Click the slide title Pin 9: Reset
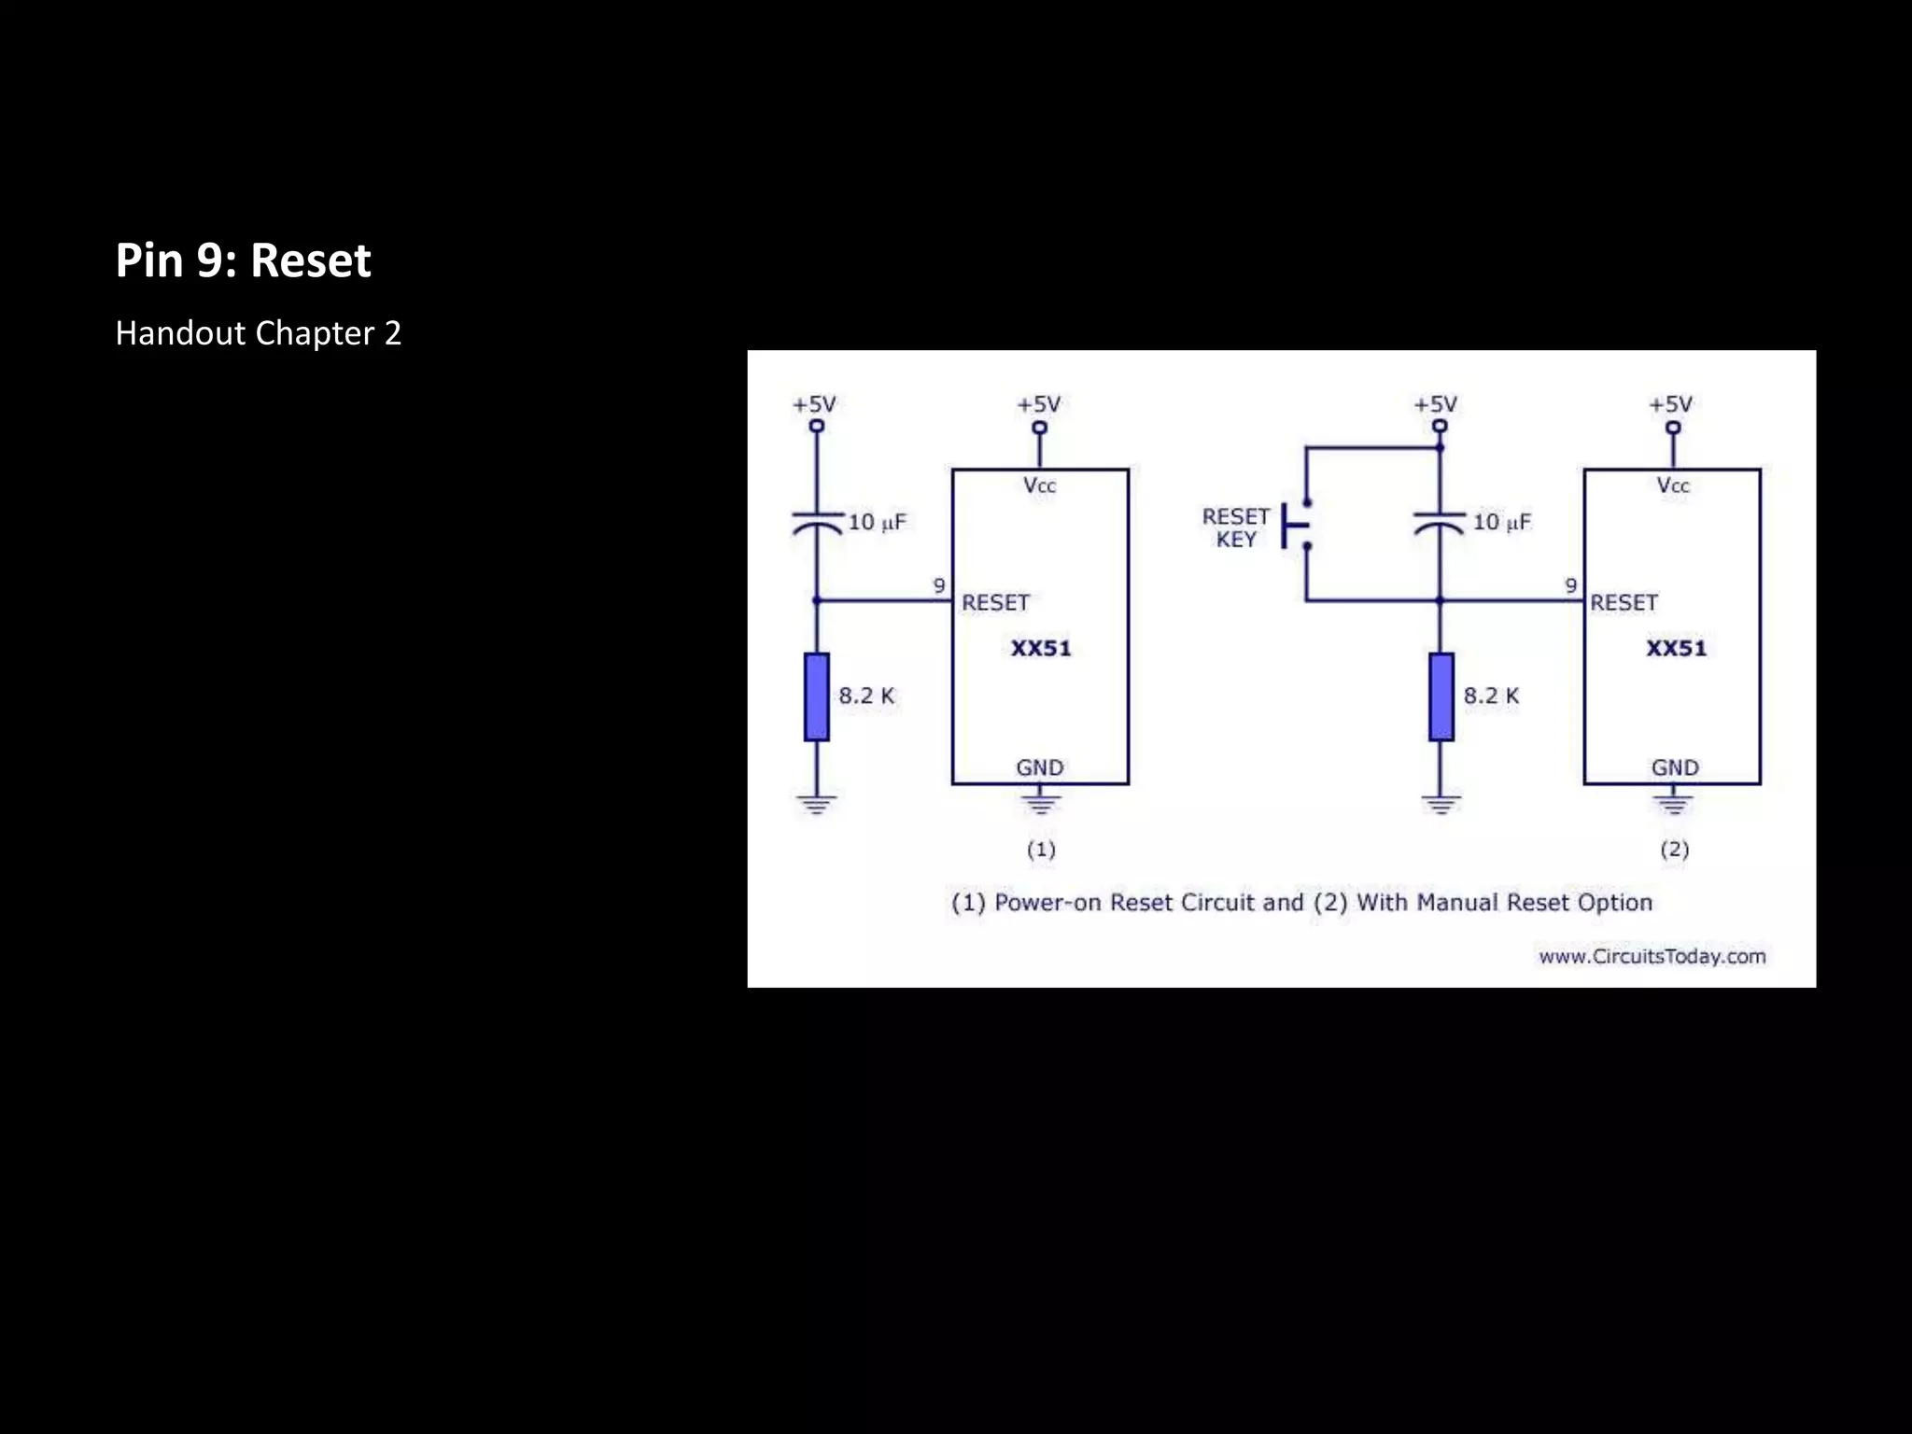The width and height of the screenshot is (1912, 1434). tap(243, 260)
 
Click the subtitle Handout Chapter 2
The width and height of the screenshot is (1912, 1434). tap(258, 333)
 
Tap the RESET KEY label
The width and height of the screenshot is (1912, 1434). tap(1235, 527)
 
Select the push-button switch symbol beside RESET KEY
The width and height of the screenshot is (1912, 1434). tap(1296, 525)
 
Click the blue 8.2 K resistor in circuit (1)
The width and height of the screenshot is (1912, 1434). tap(817, 696)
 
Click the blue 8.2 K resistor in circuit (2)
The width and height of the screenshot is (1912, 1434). tap(1441, 696)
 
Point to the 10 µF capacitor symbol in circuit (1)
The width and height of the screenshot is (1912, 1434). tap(817, 523)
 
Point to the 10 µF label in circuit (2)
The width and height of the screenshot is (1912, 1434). tap(1501, 522)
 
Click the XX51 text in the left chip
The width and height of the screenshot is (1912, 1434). tap(1041, 648)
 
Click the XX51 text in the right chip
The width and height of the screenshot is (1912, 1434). tap(1676, 648)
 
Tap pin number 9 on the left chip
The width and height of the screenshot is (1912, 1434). tap(939, 585)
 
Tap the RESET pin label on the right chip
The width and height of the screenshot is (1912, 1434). tap(1624, 603)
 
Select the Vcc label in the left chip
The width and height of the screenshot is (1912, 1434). tap(1039, 485)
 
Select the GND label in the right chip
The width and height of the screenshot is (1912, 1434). tap(1675, 767)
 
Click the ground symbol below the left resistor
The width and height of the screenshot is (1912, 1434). tap(817, 803)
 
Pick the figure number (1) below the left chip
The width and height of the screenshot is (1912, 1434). tap(1041, 850)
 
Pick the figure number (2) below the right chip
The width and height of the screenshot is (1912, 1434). tap(1674, 850)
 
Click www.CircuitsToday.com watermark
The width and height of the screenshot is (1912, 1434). tap(1652, 956)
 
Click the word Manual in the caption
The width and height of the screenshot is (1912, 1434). tap(1456, 903)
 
